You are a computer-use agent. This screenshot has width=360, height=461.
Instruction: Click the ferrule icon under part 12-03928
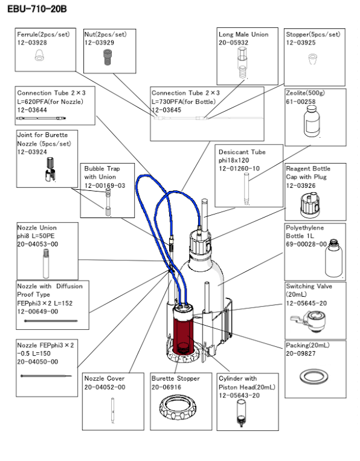40,57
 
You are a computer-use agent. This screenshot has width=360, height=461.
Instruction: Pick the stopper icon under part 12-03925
312,59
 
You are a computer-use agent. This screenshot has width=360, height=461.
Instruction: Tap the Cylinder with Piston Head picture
242,416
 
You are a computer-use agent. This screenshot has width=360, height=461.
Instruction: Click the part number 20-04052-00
104,387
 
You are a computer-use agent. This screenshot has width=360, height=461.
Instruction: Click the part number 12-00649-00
37,312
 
